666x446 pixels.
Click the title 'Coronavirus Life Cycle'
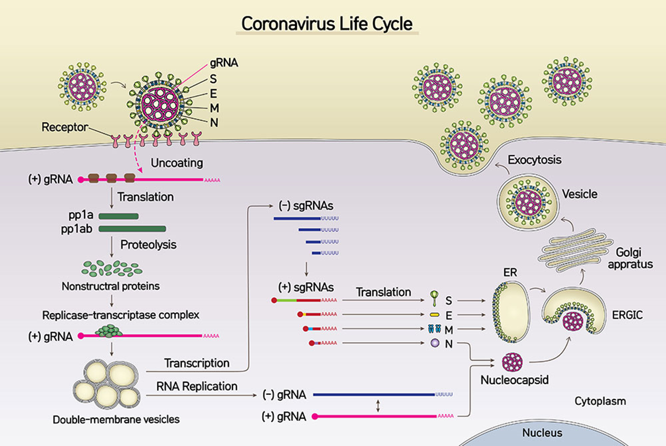pos(327,24)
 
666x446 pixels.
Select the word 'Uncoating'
pos(177,163)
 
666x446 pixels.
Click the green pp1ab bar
pos(133,229)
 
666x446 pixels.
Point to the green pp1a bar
pos(118,216)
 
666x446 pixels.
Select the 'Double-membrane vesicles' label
pos(116,420)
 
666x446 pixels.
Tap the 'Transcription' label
pos(196,363)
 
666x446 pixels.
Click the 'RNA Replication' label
pos(196,386)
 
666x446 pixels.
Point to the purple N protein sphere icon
pos(434,343)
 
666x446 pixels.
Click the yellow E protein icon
pos(435,315)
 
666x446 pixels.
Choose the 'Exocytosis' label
pos(534,159)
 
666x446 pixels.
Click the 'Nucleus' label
pos(542,433)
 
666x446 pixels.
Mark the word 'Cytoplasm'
pos(600,401)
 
